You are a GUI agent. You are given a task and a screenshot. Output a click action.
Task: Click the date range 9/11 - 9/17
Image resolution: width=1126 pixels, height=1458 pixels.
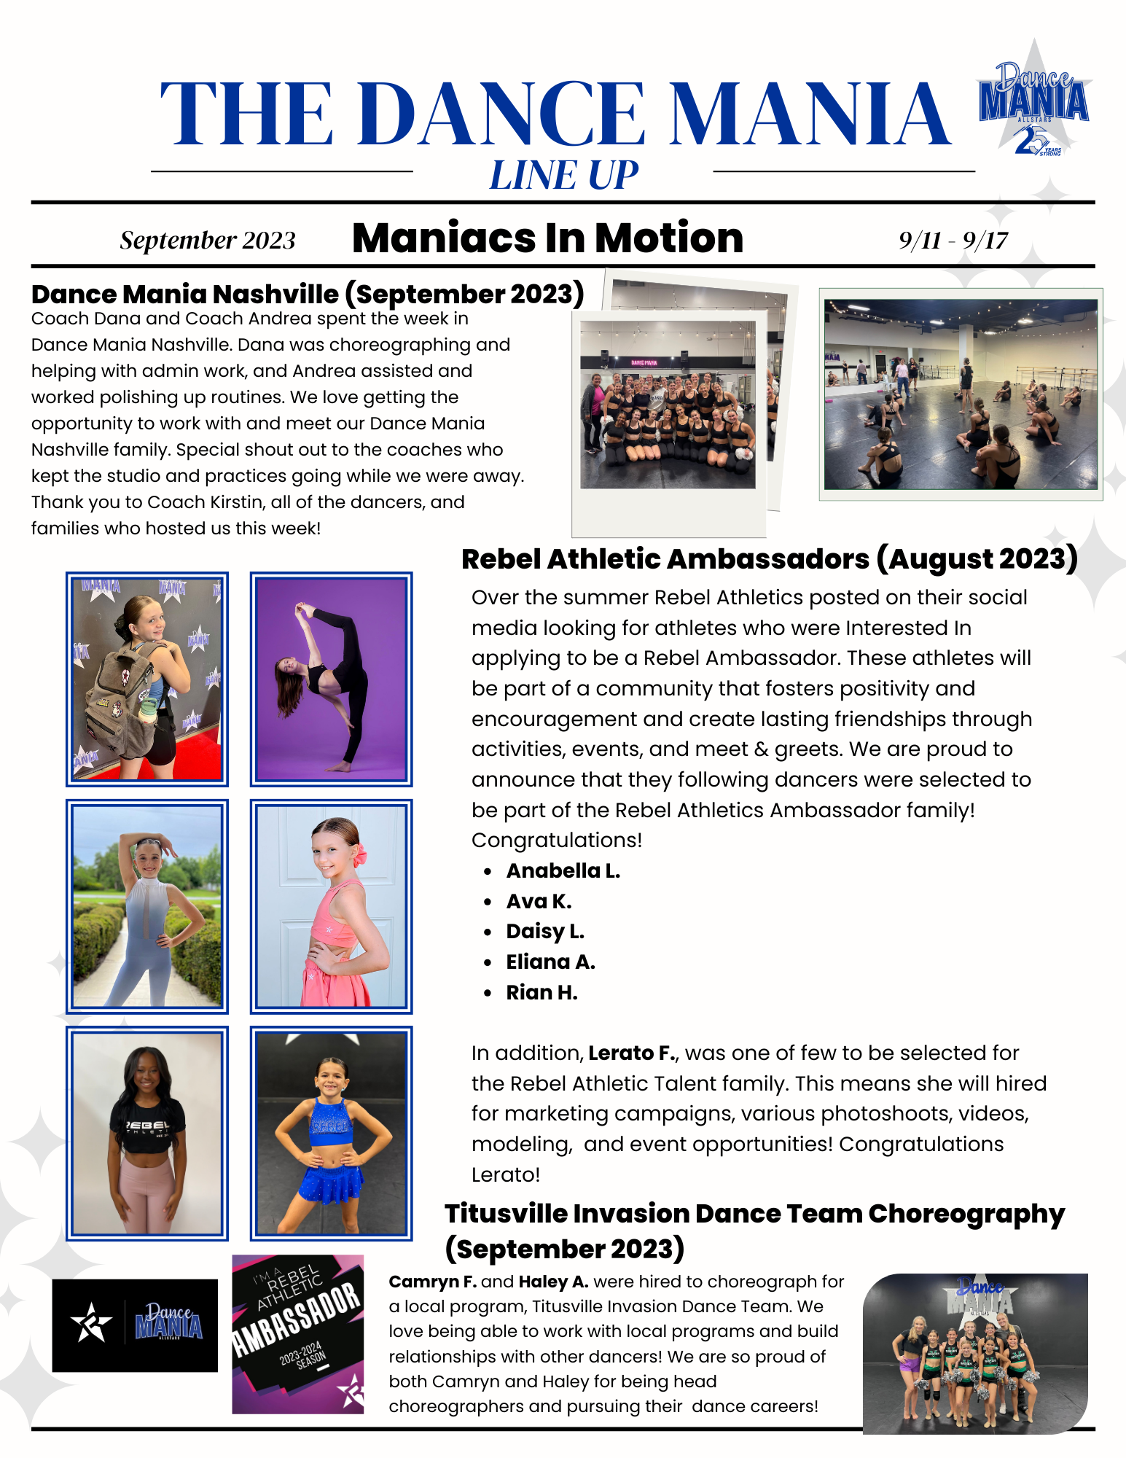953,240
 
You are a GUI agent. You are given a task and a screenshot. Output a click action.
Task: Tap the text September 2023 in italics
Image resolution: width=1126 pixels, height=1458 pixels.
208,241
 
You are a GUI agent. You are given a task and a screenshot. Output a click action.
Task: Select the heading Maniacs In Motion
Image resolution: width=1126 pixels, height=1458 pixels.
547,238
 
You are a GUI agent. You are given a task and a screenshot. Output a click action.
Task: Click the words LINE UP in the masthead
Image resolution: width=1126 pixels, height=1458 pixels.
563,176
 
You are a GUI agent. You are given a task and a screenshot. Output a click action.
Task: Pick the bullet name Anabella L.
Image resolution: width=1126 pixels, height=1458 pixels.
563,871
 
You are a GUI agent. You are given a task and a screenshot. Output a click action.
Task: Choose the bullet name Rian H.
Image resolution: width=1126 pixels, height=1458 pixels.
542,993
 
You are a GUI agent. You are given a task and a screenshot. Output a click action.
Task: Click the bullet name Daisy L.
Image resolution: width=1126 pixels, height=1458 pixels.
545,932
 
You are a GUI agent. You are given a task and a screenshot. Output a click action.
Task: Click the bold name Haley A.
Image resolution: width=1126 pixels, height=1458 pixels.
553,1282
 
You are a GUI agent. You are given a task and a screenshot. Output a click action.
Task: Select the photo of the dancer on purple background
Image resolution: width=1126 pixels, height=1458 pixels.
331,679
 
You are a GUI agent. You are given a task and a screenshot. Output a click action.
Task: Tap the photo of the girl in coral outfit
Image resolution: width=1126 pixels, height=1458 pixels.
331,907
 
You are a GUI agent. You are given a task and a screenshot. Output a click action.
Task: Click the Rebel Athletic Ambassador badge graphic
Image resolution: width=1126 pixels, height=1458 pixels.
297,1334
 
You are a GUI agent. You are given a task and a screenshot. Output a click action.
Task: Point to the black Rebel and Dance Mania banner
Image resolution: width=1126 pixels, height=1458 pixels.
135,1325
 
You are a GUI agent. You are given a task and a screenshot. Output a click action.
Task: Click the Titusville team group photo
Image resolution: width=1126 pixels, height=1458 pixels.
974,1353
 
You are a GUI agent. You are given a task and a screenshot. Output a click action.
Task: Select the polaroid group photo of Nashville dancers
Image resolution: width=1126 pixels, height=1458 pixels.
668,405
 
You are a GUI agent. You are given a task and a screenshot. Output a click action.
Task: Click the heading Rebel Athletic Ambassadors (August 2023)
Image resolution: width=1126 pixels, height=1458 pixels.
769,559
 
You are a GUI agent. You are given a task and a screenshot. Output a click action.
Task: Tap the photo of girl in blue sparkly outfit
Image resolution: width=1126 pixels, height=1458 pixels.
331,1134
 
